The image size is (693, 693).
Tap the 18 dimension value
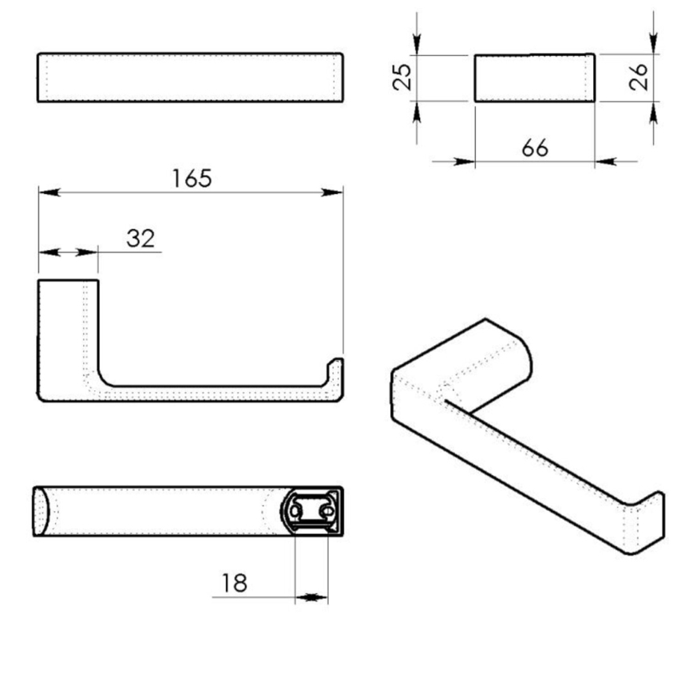coord(234,583)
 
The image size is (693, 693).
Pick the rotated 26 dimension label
coord(639,77)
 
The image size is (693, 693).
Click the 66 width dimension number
coord(534,148)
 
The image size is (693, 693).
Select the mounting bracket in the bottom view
coord(313,510)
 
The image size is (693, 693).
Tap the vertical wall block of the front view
coord(68,335)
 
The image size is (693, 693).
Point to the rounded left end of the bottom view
coord(42,510)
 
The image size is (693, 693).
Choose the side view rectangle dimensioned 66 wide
coord(534,77)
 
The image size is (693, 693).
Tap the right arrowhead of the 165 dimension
coord(335,192)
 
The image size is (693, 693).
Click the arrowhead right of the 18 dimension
coord(319,596)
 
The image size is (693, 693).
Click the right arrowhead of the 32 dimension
coord(89,252)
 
